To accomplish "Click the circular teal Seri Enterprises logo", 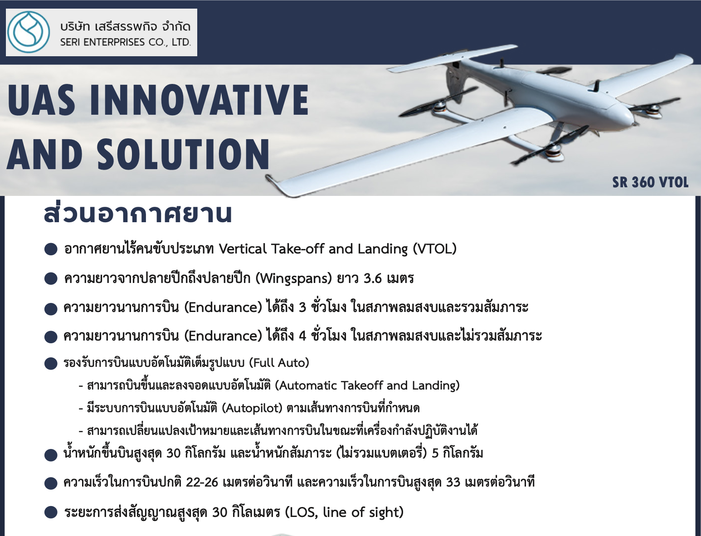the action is (x=29, y=32).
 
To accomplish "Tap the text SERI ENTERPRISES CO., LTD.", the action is (x=126, y=42).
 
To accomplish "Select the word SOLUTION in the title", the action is (x=184, y=154).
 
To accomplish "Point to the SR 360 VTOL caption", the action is (x=650, y=182).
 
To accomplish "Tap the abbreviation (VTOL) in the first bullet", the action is (x=435, y=249).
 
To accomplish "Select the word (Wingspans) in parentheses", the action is (x=294, y=278).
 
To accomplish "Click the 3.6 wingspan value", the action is (x=373, y=278).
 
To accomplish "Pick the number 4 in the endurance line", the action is (x=302, y=336).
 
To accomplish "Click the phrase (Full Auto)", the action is (x=279, y=363).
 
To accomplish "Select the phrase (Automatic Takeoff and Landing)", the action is (x=367, y=385).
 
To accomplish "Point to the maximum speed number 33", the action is (x=453, y=482).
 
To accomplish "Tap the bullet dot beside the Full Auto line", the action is (x=51, y=364).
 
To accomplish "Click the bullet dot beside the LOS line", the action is (x=51, y=512).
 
